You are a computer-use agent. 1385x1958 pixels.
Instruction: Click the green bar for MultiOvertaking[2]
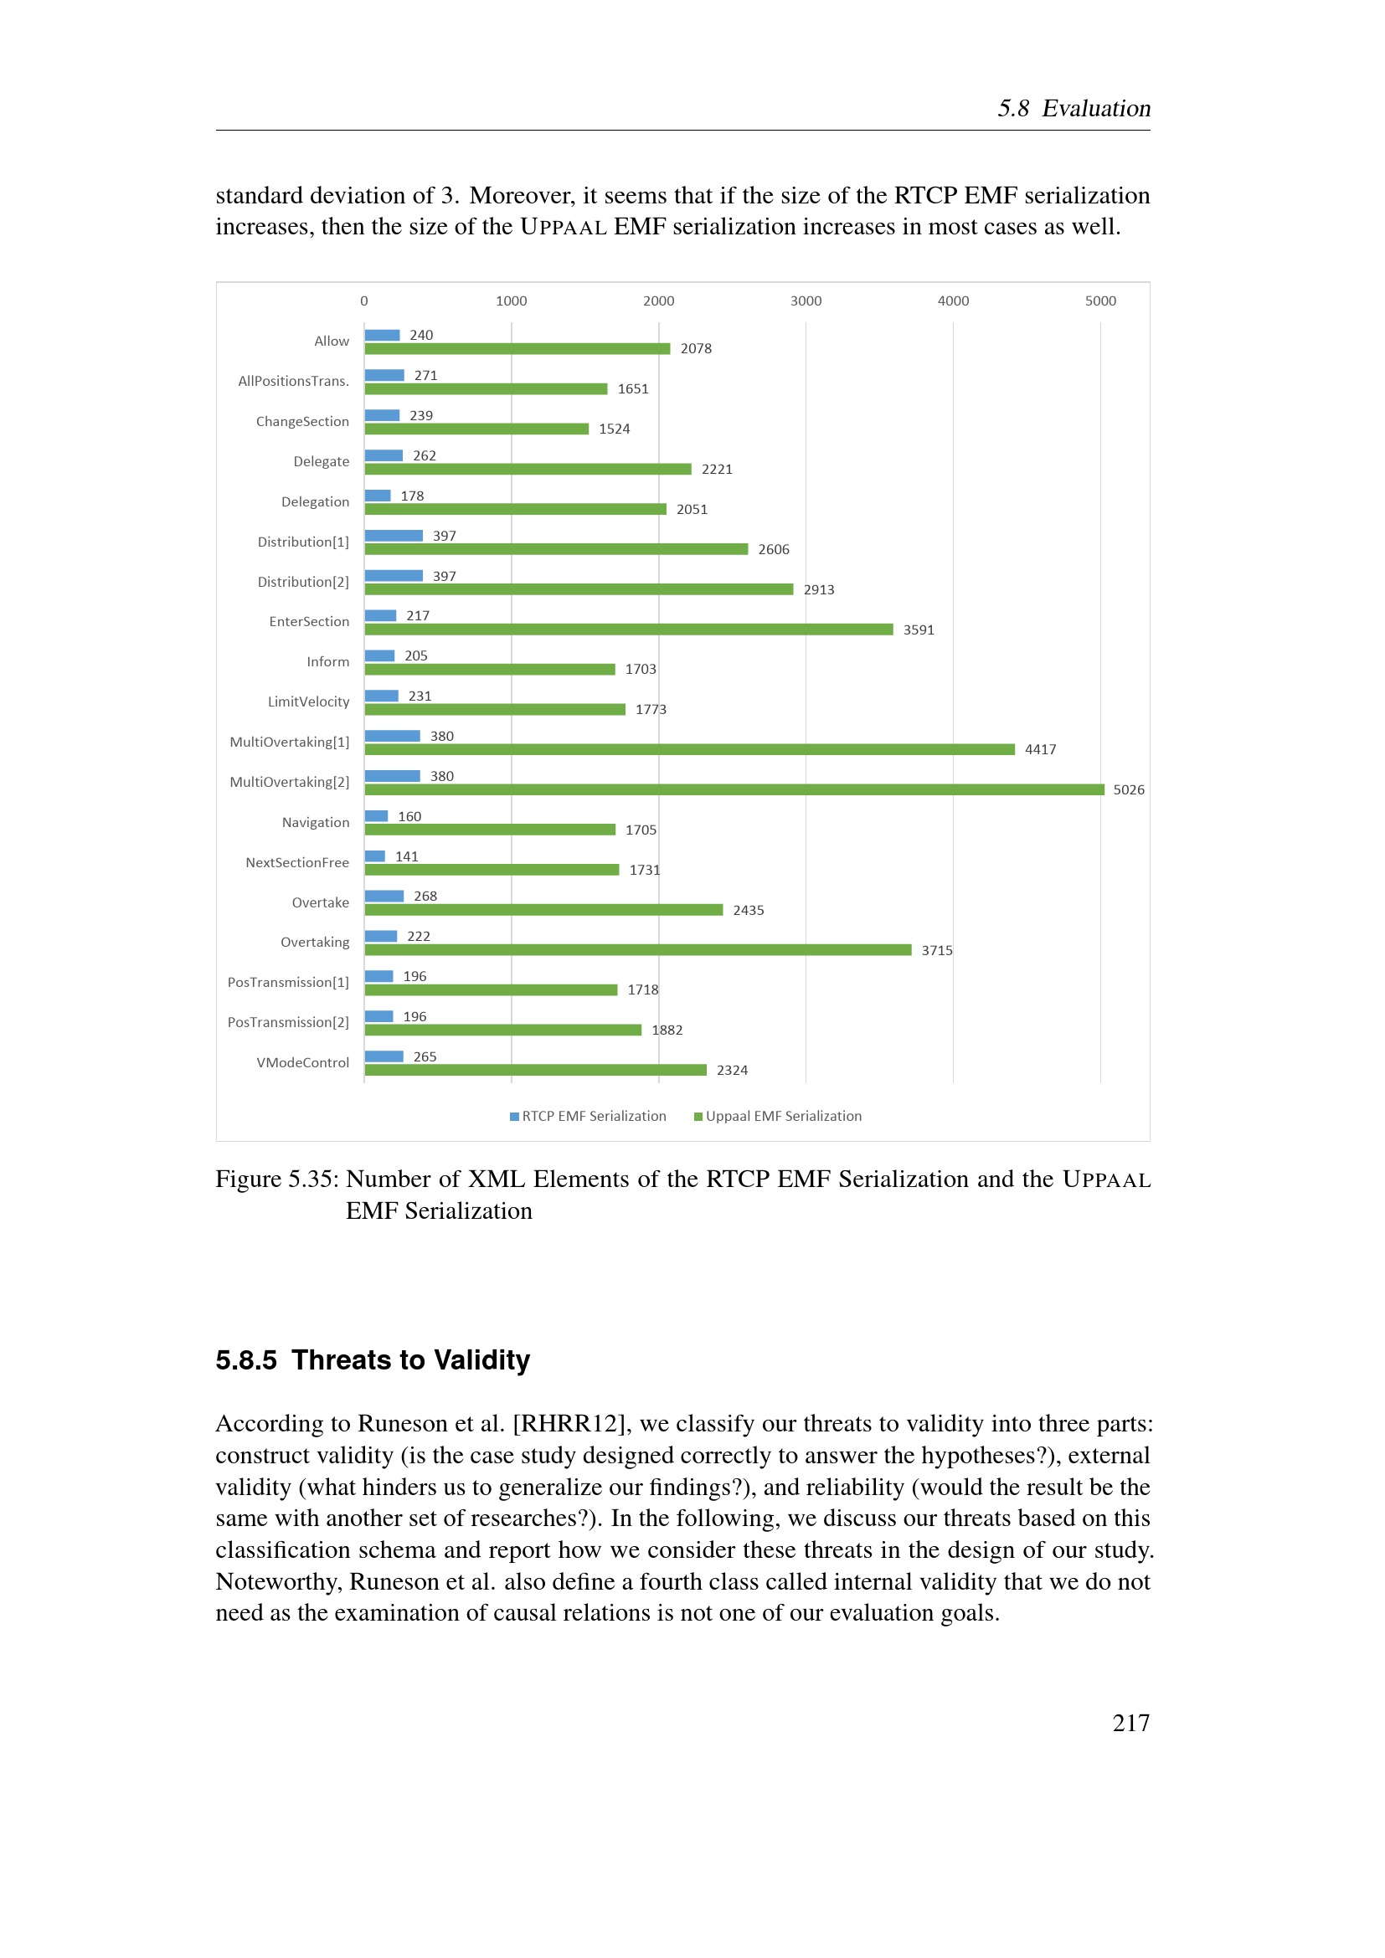734,789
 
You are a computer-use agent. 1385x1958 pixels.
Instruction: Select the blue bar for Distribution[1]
394,536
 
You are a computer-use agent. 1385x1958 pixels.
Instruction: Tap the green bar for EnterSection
630,630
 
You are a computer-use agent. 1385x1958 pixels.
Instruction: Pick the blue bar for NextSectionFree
375,856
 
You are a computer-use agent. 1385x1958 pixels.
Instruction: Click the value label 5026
1128,789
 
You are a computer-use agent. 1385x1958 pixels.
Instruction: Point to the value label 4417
1041,749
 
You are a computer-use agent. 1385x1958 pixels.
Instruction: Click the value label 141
407,856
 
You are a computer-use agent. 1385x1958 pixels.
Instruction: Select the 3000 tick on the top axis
806,301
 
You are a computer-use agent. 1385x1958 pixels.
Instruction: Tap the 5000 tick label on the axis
1100,301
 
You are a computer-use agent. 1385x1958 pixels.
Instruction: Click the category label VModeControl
303,1062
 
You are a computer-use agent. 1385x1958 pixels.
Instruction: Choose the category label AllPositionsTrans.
293,381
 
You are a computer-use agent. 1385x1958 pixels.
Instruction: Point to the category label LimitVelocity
309,701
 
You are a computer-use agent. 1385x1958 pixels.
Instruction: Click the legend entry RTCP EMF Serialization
589,1117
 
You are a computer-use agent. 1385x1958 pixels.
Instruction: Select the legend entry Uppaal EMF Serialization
778,1117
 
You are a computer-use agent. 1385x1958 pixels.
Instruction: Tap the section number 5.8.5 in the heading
246,1360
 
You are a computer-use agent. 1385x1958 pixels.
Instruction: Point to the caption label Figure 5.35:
277,1179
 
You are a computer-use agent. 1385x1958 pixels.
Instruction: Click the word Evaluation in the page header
1096,108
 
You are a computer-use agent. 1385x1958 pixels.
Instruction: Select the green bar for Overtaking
638,950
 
